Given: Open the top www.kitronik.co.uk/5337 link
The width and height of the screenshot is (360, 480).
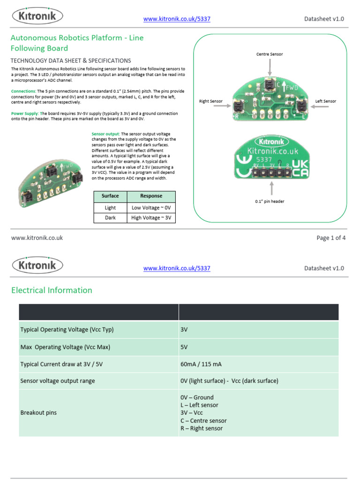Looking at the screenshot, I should tap(177, 19).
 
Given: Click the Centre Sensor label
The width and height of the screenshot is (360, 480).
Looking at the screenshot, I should tap(270, 54).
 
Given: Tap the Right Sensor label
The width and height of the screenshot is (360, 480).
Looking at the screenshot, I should tap(210, 101).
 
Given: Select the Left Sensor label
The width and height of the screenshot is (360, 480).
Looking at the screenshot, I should tap(325, 101).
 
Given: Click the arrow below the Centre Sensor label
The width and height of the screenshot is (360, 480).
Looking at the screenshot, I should tap(270, 67).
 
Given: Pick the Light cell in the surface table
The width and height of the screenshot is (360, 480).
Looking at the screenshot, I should tap(110, 208).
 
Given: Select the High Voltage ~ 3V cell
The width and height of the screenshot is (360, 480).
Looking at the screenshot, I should tap(151, 218).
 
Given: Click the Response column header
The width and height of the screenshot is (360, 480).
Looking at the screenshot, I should tap(151, 196).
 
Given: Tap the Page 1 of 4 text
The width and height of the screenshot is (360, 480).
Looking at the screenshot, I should tap(331, 238).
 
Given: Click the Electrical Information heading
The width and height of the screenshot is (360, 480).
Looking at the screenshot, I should tap(52, 290).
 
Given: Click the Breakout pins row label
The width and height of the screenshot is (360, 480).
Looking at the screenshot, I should tap(38, 413).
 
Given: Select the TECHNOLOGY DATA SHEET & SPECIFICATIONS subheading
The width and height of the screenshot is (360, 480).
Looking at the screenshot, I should tap(71, 60).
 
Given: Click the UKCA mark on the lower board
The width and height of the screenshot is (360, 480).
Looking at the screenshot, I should tap(300, 168).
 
